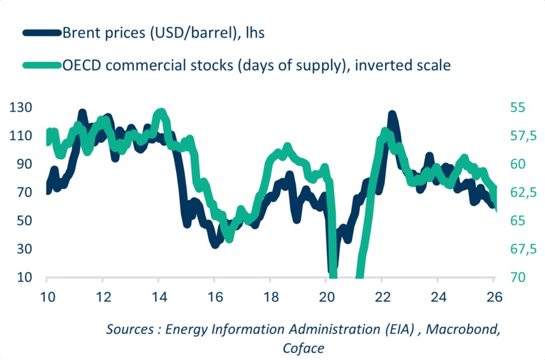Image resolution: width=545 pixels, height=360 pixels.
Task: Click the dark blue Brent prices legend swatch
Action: point(42,32)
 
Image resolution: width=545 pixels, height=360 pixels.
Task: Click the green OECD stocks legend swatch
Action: point(42,65)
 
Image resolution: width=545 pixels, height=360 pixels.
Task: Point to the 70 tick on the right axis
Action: point(518,278)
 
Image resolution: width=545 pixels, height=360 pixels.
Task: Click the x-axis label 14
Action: point(158,297)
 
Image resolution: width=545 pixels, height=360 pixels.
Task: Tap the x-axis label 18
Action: point(270,297)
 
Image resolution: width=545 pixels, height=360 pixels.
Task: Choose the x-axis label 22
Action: point(381,297)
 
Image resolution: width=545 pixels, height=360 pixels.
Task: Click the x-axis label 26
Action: point(493,297)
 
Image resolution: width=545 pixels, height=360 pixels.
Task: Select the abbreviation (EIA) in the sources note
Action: point(395,329)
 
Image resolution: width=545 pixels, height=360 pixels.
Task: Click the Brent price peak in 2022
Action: point(391,115)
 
